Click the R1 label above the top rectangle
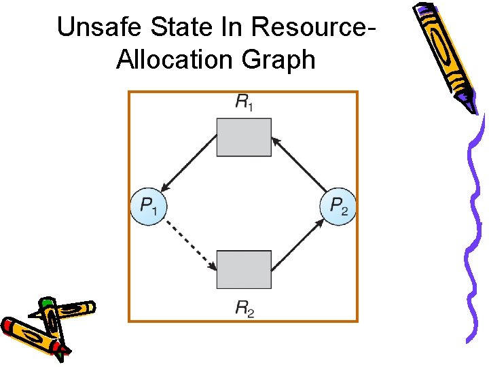[x=244, y=103]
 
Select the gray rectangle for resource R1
[x=244, y=137]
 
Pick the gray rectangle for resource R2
[x=244, y=269]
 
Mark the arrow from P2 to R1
[x=298, y=164]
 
